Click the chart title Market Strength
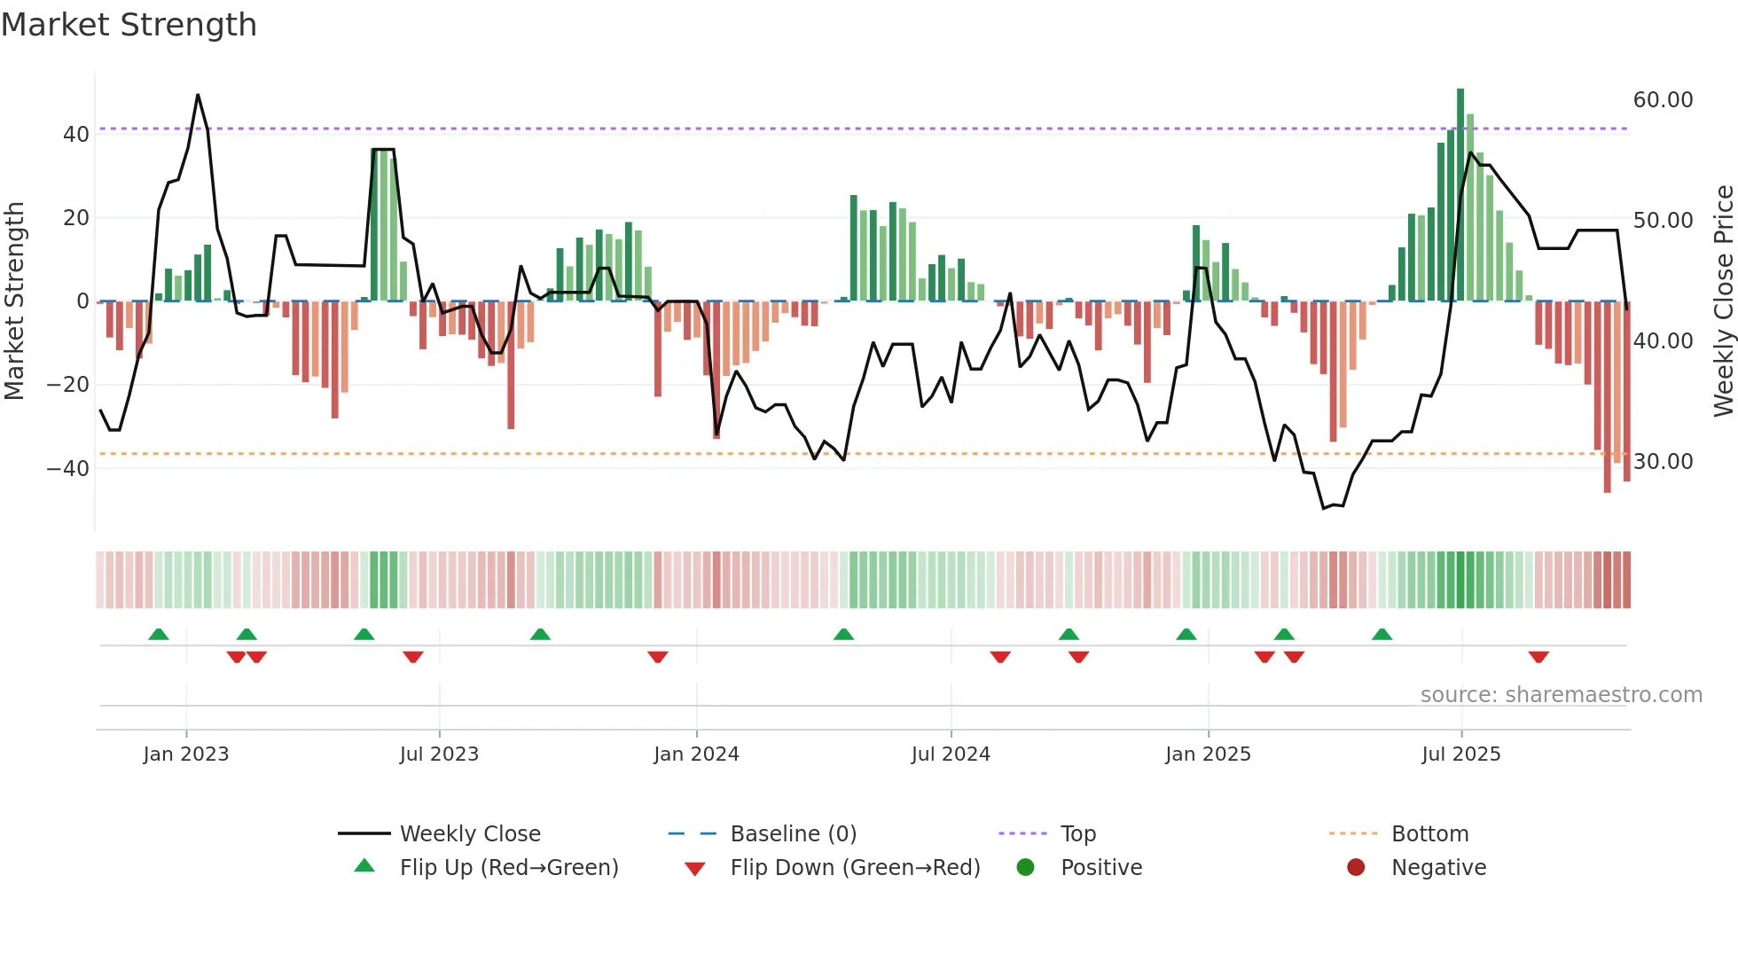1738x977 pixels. [129, 25]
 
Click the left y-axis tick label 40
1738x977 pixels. [76, 135]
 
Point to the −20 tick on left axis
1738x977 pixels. [67, 385]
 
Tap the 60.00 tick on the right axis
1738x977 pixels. [1663, 100]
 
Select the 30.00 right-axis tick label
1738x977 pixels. [1663, 462]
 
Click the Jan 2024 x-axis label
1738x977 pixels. [696, 754]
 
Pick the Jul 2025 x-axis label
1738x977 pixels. [1460, 754]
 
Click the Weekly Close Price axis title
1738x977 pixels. [1723, 301]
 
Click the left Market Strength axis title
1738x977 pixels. [15, 301]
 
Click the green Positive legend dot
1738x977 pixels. [1026, 868]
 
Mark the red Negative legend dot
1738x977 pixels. [1356, 868]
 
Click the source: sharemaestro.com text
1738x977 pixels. [1561, 695]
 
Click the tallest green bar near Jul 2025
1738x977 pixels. [1460, 195]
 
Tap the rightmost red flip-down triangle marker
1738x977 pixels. [1538, 657]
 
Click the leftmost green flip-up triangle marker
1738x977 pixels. [159, 635]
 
